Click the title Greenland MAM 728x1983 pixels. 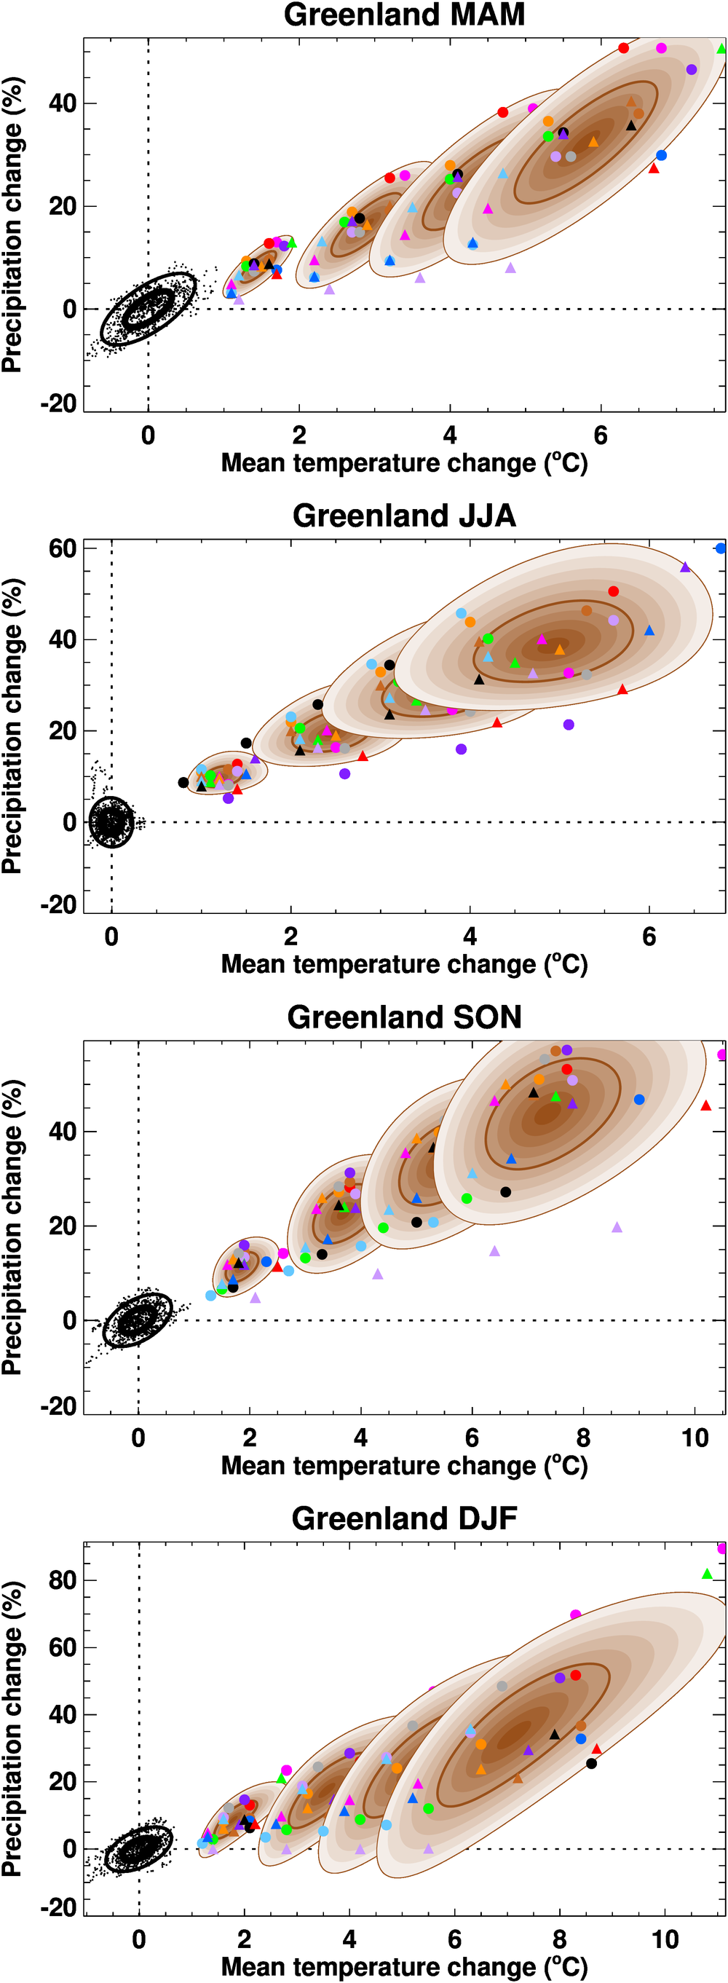tap(404, 15)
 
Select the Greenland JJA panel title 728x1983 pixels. tap(404, 516)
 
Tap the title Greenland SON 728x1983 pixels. tap(404, 1017)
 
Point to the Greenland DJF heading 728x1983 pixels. tap(404, 1518)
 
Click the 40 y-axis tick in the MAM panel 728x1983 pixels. tap(63, 103)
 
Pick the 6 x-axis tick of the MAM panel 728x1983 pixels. tap(601, 435)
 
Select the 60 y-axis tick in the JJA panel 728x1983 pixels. tap(63, 549)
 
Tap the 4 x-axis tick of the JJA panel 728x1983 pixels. tap(470, 937)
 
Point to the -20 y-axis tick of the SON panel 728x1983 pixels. tap(58, 1406)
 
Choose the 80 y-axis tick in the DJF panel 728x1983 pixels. tap(63, 1580)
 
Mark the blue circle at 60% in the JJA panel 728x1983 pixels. tap(720, 548)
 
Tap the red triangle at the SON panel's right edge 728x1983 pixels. tap(705, 1105)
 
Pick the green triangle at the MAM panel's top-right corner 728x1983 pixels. tap(721, 49)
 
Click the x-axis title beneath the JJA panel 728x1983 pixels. tap(404, 965)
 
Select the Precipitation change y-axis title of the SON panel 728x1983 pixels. tap(12, 1227)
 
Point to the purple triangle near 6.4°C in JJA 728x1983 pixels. tap(685, 567)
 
